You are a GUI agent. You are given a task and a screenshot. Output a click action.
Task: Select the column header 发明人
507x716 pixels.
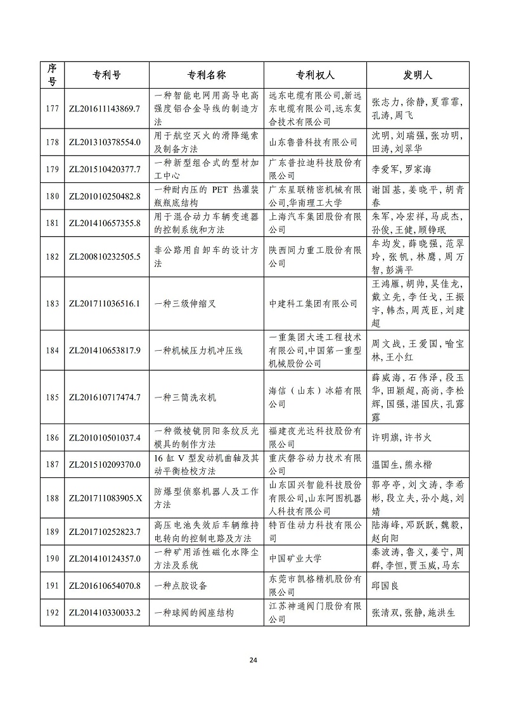pyautogui.click(x=418, y=74)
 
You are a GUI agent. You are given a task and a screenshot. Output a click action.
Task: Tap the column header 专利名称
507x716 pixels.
pyautogui.click(x=206, y=74)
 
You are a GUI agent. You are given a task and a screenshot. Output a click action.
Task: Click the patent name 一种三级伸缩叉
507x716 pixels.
pyautogui.click(x=185, y=304)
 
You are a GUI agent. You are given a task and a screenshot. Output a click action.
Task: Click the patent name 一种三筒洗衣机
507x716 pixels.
pyautogui.click(x=185, y=398)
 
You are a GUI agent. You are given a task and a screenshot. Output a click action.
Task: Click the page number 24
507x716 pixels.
pyautogui.click(x=253, y=660)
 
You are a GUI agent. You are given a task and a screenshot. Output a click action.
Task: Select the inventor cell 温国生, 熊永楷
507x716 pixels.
pyautogui.click(x=401, y=465)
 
